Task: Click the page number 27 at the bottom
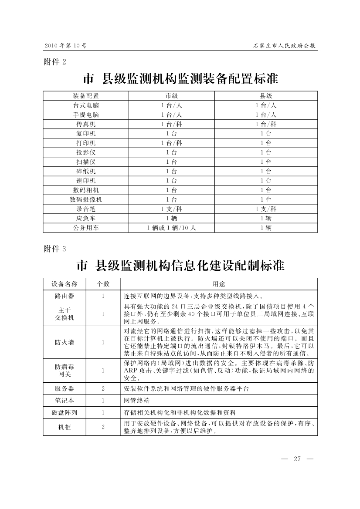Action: [x=298, y=458]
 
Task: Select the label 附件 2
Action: [x=54, y=61]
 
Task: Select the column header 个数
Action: [x=103, y=284]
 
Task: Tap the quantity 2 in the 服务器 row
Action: [x=103, y=388]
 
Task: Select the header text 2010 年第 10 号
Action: [x=65, y=46]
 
